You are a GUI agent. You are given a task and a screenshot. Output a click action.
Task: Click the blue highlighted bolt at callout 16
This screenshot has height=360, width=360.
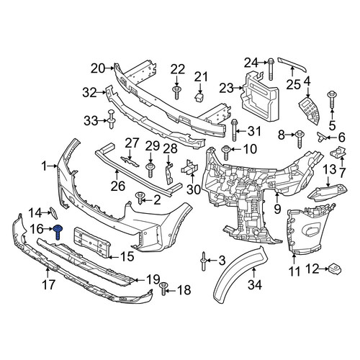[58, 232]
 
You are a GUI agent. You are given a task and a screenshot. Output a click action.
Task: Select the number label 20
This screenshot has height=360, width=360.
[98, 68]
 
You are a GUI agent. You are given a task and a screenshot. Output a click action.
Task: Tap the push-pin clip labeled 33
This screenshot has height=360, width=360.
[112, 119]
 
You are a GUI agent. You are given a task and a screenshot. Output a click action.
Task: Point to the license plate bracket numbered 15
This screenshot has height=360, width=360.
[92, 242]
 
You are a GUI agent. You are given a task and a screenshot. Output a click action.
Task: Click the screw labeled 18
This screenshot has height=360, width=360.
[163, 288]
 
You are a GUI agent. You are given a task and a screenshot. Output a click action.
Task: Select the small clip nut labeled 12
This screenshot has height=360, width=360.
[335, 269]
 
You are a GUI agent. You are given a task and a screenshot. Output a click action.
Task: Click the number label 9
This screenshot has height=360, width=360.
[277, 209]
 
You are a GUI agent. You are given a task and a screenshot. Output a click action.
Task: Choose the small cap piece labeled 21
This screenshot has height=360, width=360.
[199, 98]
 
